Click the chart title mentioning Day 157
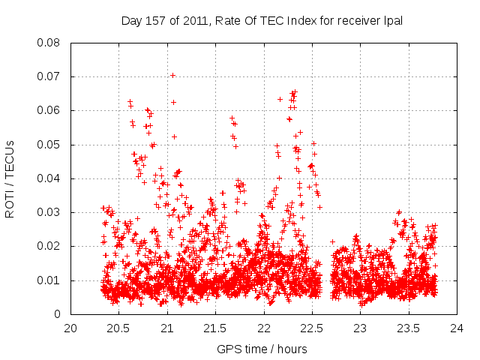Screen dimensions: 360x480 click(x=262, y=21)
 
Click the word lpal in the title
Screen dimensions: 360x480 click(x=392, y=21)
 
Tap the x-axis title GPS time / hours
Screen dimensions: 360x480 click(x=262, y=349)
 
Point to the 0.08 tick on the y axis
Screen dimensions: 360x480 click(x=51, y=43)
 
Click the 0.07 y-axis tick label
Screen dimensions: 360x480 click(x=51, y=76)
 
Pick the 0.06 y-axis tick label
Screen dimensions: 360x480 click(x=51, y=110)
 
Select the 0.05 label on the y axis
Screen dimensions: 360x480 click(x=51, y=145)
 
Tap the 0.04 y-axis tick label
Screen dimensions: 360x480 click(x=51, y=178)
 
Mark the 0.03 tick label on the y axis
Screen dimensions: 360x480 click(x=51, y=212)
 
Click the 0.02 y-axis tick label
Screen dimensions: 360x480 click(x=51, y=246)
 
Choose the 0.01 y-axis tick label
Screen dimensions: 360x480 click(x=51, y=280)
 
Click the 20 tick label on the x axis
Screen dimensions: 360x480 click(x=70, y=328)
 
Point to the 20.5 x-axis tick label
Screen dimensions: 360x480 click(x=118, y=328)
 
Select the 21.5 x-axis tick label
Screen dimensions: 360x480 click(x=215, y=328)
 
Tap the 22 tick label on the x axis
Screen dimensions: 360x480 click(x=263, y=328)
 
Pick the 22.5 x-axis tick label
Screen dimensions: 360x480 click(x=312, y=328)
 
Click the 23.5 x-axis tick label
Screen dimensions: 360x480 click(x=408, y=328)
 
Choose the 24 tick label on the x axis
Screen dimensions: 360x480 click(x=457, y=328)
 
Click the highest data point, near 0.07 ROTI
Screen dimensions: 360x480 click(x=172, y=75)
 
